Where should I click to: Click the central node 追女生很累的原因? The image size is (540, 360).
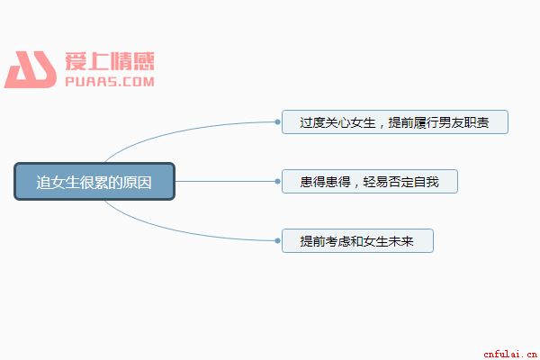[x=94, y=182]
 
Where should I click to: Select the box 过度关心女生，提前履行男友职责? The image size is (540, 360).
[x=395, y=122]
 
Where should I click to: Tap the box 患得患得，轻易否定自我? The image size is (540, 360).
[x=370, y=182]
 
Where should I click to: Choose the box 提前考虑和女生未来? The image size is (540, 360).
[x=357, y=241]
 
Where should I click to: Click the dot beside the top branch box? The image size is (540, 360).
[x=277, y=122]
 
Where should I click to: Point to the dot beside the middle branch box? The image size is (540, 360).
[x=277, y=182]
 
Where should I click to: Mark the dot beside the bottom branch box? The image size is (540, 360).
[x=277, y=241]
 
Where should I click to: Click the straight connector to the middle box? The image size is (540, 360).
[x=225, y=182]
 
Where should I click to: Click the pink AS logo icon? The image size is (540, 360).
[x=31, y=69]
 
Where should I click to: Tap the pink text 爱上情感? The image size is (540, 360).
[x=110, y=61]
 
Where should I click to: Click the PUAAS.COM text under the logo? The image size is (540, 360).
[x=110, y=82]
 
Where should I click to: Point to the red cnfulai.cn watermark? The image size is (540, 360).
[x=510, y=354]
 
